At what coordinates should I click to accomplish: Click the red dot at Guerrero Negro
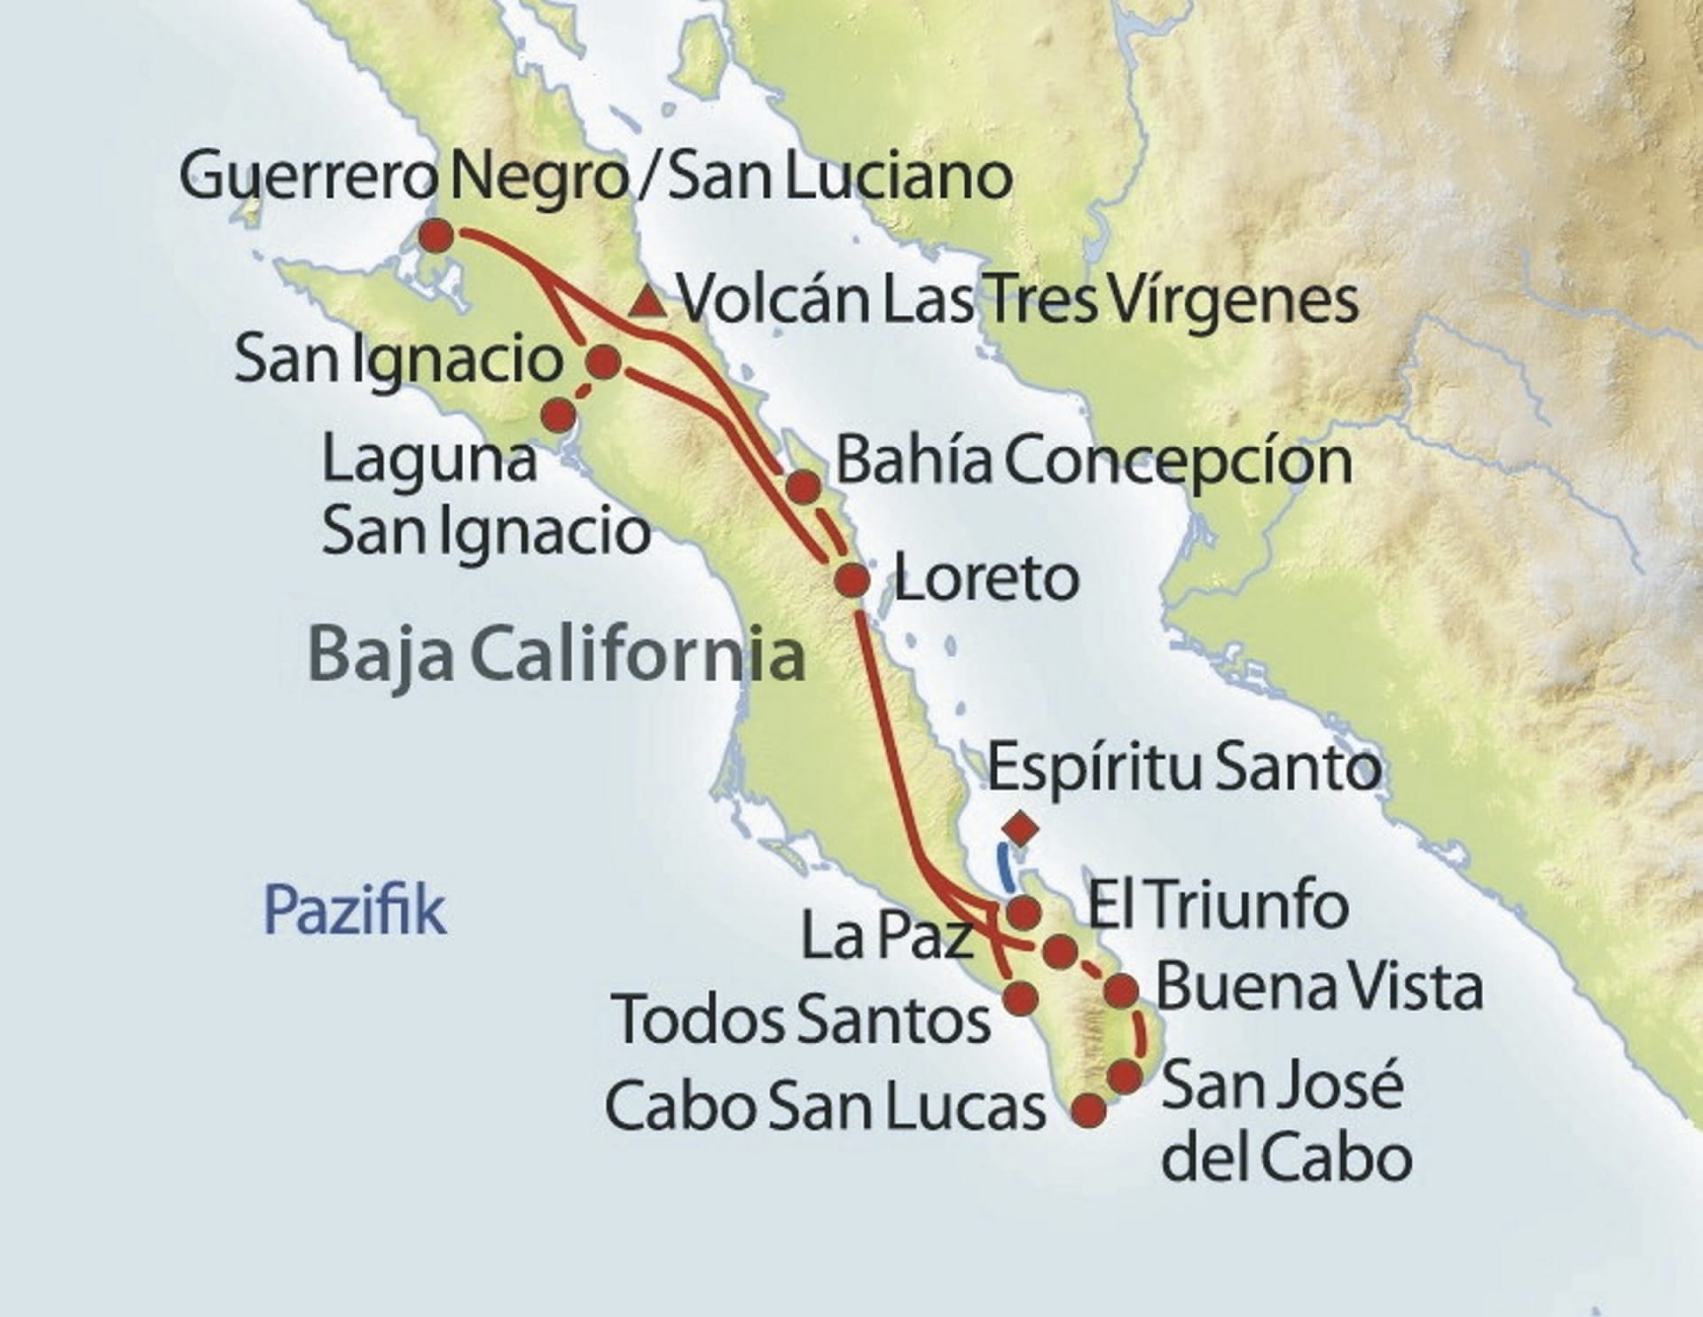[x=436, y=237]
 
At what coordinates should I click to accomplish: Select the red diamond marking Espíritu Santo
[x=1021, y=828]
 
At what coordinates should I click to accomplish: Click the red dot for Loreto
[x=852, y=581]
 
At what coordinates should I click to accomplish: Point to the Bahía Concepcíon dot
[x=803, y=486]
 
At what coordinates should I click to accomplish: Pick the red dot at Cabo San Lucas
[x=1089, y=1109]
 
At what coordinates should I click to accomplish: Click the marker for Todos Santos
[x=1020, y=998]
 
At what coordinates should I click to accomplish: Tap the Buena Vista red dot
[x=1121, y=990]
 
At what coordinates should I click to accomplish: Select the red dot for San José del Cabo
[x=1126, y=1076]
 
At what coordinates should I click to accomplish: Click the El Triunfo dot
[x=1061, y=952]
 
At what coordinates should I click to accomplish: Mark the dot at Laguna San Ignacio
[x=558, y=413]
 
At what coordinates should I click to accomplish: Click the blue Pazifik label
[x=354, y=911]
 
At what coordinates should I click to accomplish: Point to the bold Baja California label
[x=556, y=655]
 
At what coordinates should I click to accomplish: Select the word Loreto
[x=985, y=579]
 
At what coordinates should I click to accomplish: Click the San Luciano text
[x=839, y=176]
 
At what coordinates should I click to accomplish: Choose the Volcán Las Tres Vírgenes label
[x=1018, y=301]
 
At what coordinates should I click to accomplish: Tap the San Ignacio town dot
[x=604, y=362]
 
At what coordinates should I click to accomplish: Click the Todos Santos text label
[x=802, y=1020]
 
